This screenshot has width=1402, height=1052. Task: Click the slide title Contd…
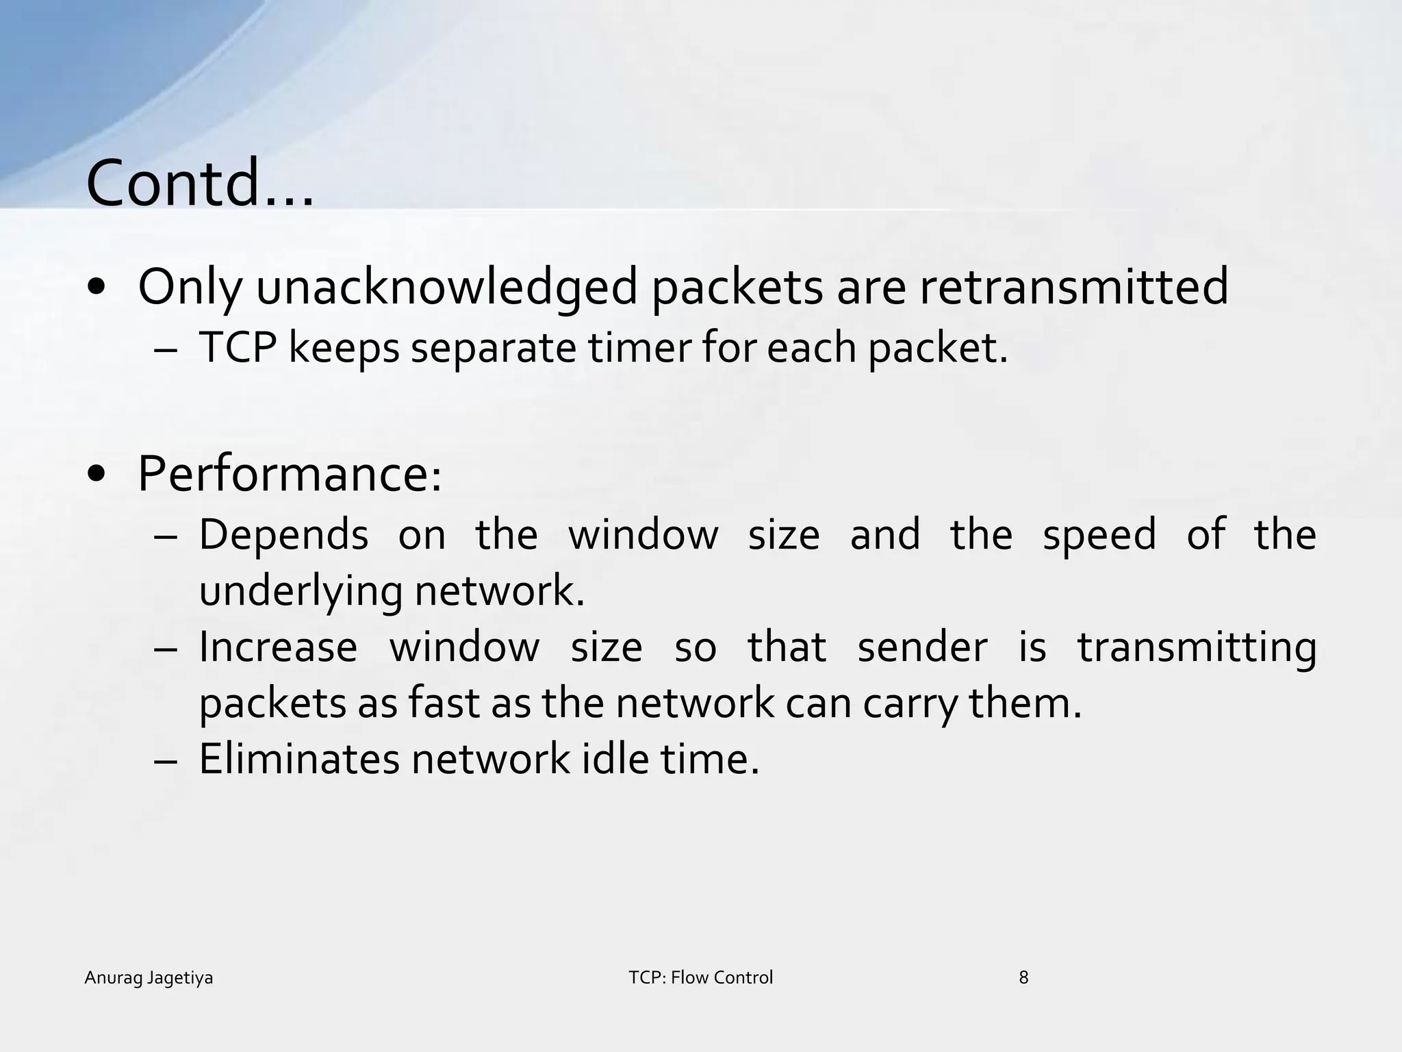[x=200, y=184]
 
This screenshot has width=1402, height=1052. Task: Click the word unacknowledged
[x=447, y=288]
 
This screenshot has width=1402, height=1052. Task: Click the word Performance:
[x=290, y=474]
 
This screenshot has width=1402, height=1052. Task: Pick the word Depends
[x=283, y=536]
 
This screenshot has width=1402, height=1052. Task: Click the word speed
[x=1099, y=536]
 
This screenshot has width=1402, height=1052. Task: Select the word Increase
[x=278, y=647]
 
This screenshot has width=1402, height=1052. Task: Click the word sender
[x=922, y=647]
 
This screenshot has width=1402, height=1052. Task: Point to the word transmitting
[x=1197, y=649]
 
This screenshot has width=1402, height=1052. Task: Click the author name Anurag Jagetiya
[x=149, y=978]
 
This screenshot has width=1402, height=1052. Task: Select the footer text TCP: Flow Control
[x=700, y=978]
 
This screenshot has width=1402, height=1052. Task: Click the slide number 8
[x=1023, y=978]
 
